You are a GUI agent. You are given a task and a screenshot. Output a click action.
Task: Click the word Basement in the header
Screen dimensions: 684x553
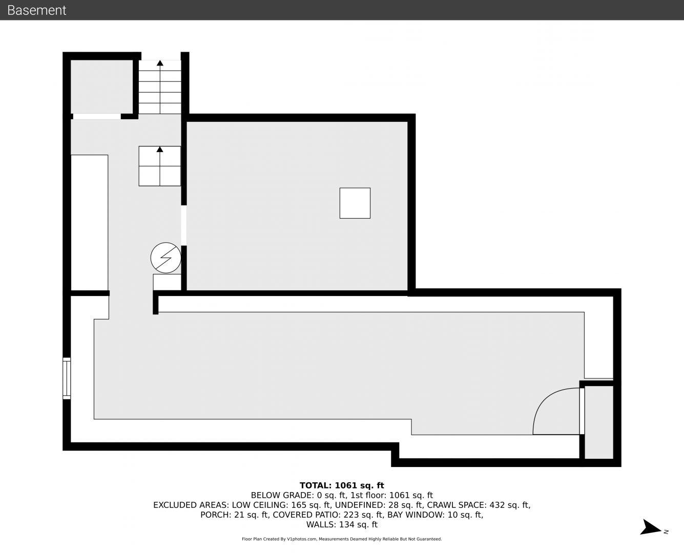click(36, 10)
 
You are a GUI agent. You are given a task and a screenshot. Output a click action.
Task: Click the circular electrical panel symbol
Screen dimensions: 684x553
click(165, 258)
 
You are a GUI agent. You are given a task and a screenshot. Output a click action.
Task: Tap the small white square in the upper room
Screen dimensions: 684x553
click(355, 203)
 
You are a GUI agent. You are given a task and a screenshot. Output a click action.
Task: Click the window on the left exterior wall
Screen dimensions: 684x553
click(67, 378)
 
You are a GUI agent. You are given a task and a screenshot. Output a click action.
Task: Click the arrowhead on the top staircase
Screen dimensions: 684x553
click(160, 63)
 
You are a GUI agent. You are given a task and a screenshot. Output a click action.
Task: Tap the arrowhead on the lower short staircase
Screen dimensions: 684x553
click(160, 149)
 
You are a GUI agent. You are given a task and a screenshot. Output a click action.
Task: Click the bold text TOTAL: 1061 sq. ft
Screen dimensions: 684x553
click(342, 485)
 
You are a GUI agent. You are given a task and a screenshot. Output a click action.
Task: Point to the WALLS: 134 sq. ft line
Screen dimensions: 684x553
click(342, 525)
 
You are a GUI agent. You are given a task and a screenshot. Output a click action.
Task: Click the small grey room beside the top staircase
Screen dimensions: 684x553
click(101, 87)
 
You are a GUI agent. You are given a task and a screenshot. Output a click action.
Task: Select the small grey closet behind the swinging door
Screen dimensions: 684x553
click(598, 422)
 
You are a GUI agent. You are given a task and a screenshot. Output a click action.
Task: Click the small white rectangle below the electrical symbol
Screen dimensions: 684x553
click(167, 282)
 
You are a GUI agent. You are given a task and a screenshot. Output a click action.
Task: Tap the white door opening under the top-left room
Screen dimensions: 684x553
click(97, 117)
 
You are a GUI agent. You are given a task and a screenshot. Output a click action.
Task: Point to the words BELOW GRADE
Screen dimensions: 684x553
click(281, 495)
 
